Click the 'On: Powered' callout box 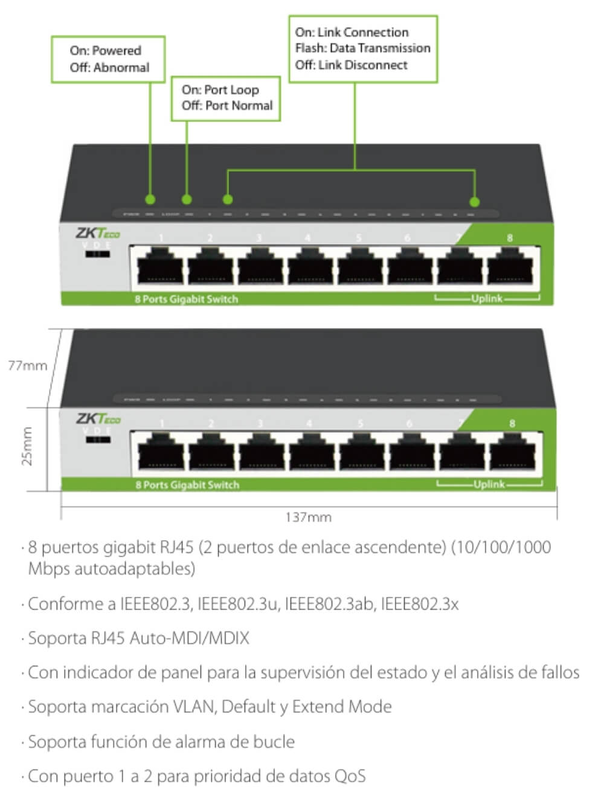[108, 59]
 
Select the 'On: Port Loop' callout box [226, 98]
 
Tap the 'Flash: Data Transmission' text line [362, 48]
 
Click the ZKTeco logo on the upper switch [97, 233]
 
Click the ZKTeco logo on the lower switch [98, 418]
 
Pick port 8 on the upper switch [512, 266]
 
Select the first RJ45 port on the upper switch [160, 266]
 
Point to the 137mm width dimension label [308, 517]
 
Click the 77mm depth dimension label [27, 365]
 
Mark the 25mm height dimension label [27, 447]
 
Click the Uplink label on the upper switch [487, 298]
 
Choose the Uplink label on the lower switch [489, 484]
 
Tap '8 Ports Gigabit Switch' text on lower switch [187, 485]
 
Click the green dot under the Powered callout [150, 199]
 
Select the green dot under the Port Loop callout [187, 199]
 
